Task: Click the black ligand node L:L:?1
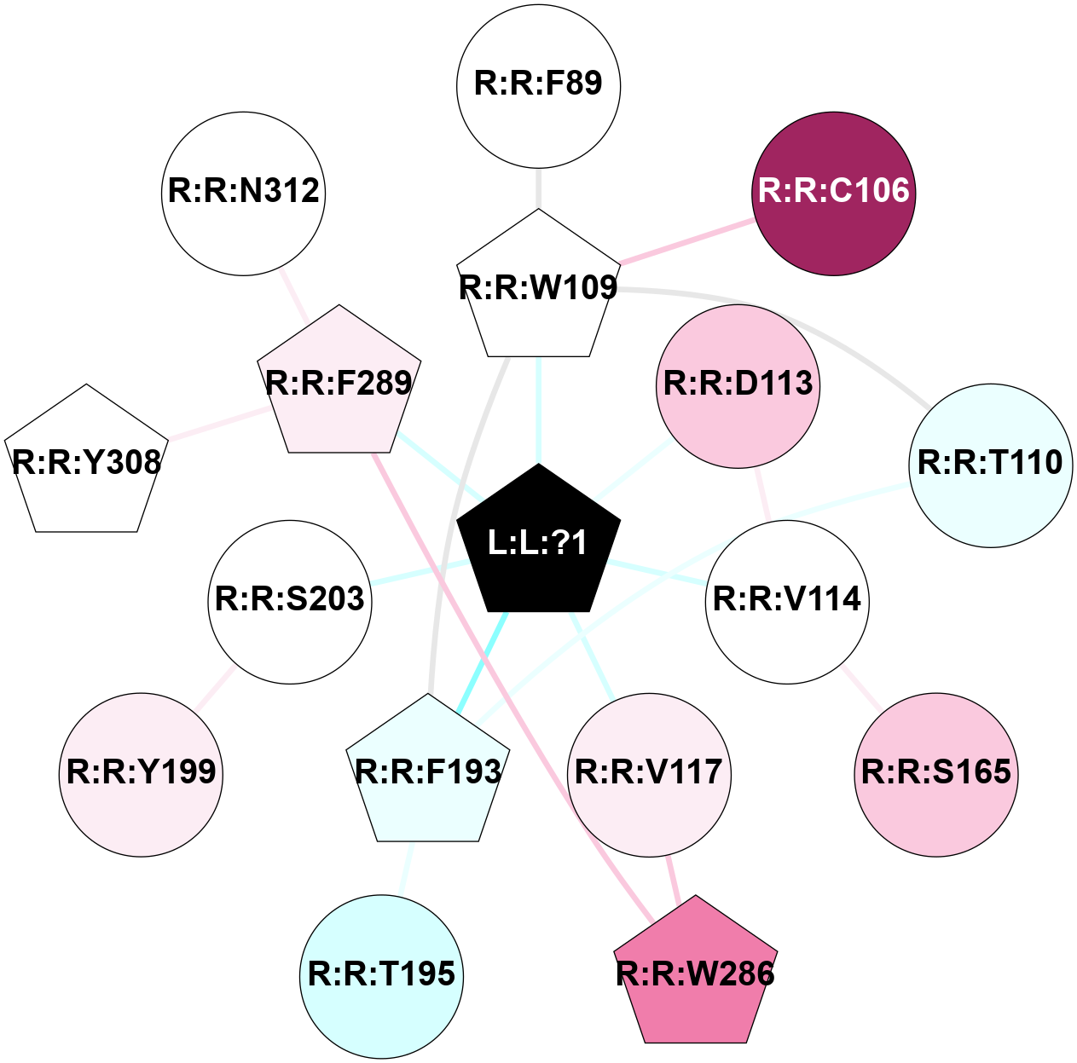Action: (538, 542)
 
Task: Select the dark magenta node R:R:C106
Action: (834, 194)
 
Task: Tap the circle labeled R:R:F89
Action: (538, 85)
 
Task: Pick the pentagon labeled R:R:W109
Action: (538, 288)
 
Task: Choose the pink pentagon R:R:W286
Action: (695, 973)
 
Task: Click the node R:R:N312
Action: (244, 193)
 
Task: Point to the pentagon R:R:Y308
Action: (86, 463)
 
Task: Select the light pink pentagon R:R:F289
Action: (339, 384)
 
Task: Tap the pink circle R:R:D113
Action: (738, 385)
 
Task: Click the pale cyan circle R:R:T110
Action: (990, 465)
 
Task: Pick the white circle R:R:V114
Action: (787, 601)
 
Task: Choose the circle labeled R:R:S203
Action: (290, 601)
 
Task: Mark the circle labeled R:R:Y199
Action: (142, 774)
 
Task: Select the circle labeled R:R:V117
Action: (649, 774)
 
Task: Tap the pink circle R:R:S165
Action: (936, 774)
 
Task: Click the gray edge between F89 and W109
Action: (538, 188)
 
